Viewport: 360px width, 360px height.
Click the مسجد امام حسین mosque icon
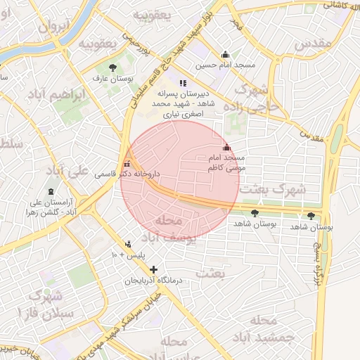[x=225, y=55]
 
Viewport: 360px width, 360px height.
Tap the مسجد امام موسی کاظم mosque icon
[x=226, y=148]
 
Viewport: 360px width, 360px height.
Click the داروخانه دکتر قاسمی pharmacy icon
[x=127, y=162]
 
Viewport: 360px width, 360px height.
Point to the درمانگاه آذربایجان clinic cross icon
[x=153, y=269]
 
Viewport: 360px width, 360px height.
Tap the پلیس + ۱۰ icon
[x=127, y=245]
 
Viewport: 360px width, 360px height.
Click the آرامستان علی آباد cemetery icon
[x=50, y=191]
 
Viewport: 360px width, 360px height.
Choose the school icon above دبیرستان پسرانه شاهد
[x=184, y=83]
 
